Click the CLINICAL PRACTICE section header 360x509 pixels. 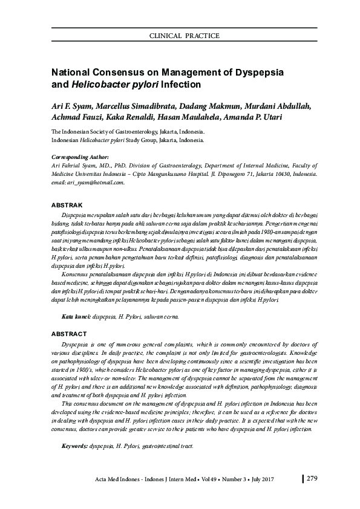(x=185, y=36)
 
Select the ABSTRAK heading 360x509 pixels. (x=64, y=206)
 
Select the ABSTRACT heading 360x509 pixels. (x=65, y=334)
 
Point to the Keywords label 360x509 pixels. (x=76, y=446)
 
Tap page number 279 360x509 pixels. (x=312, y=479)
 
